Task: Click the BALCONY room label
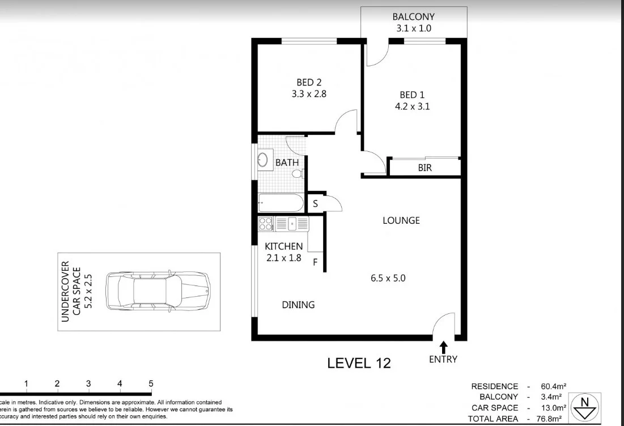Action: (414, 17)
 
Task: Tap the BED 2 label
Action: (309, 83)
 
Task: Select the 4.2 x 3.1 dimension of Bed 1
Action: (415, 106)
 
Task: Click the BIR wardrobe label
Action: (426, 168)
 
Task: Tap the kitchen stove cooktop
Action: (265, 224)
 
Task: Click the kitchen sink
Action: (292, 224)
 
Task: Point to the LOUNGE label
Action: (401, 220)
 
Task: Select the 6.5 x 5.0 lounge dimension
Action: (396, 278)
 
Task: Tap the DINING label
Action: (298, 305)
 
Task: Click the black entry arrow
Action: (443, 346)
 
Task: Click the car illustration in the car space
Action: (158, 291)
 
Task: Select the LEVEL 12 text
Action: (359, 363)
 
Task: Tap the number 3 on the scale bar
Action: (88, 384)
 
